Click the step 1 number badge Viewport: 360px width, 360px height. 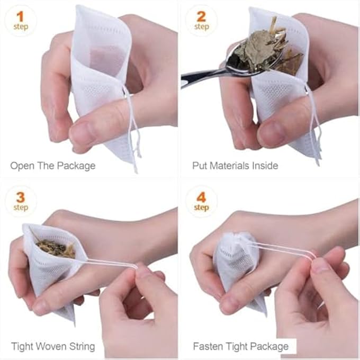point(21,21)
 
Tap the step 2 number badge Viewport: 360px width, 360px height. point(201,21)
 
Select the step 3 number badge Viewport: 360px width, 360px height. point(21,201)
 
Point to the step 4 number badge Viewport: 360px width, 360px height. point(201,201)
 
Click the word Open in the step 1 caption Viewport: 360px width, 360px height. point(22,166)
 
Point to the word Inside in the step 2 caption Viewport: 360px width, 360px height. point(264,166)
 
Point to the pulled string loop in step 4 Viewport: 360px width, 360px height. point(286,250)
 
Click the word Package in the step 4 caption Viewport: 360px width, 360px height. point(270,347)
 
